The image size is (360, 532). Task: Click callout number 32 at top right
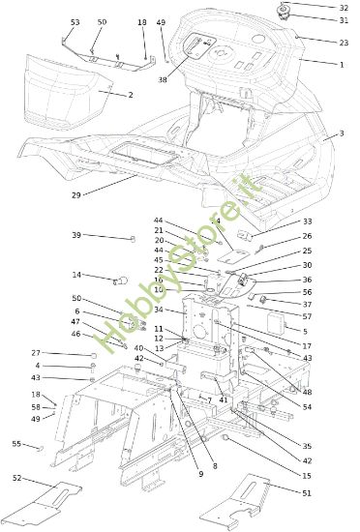344,7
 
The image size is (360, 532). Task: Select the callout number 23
344,43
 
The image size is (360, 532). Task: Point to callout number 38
163,79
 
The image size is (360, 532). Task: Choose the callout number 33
307,221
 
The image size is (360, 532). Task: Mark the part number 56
307,291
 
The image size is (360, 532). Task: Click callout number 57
307,316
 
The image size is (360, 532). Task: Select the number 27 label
36,353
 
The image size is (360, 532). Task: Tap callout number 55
16,443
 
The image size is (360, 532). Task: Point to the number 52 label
16,478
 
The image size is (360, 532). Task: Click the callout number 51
307,493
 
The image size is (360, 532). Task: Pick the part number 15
307,476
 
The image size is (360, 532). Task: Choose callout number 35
307,446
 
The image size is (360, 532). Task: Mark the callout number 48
307,392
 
